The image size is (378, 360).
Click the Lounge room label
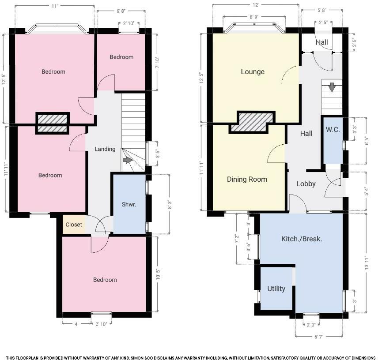pyautogui.click(x=253, y=72)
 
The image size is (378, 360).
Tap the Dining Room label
pyautogui.click(x=247, y=179)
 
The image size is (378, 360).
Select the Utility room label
pyautogui.click(x=276, y=289)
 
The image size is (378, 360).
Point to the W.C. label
pyautogui.click(x=333, y=130)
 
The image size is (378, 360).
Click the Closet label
pyautogui.click(x=74, y=225)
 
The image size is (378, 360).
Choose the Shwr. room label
pyautogui.click(x=129, y=204)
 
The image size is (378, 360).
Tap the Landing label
pyautogui.click(x=105, y=149)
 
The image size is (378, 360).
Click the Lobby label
pyautogui.click(x=306, y=184)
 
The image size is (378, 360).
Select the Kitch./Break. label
pyautogui.click(x=302, y=239)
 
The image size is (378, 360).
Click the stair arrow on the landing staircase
pyautogui.click(x=128, y=161)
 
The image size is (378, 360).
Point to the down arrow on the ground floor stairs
pyautogui.click(x=332, y=87)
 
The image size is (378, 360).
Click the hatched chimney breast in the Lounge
pyautogui.click(x=252, y=123)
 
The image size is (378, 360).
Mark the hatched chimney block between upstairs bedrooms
pyautogui.click(x=53, y=123)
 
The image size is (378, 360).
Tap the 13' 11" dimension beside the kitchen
pyautogui.click(x=367, y=262)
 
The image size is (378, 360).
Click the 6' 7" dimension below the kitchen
pyautogui.click(x=319, y=337)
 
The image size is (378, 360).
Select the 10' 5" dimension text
pyautogui.click(x=158, y=274)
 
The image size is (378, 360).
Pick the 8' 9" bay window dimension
pyautogui.click(x=254, y=17)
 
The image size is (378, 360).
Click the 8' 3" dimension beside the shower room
pyautogui.click(x=170, y=204)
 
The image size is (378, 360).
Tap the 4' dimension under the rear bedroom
pyautogui.click(x=76, y=324)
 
